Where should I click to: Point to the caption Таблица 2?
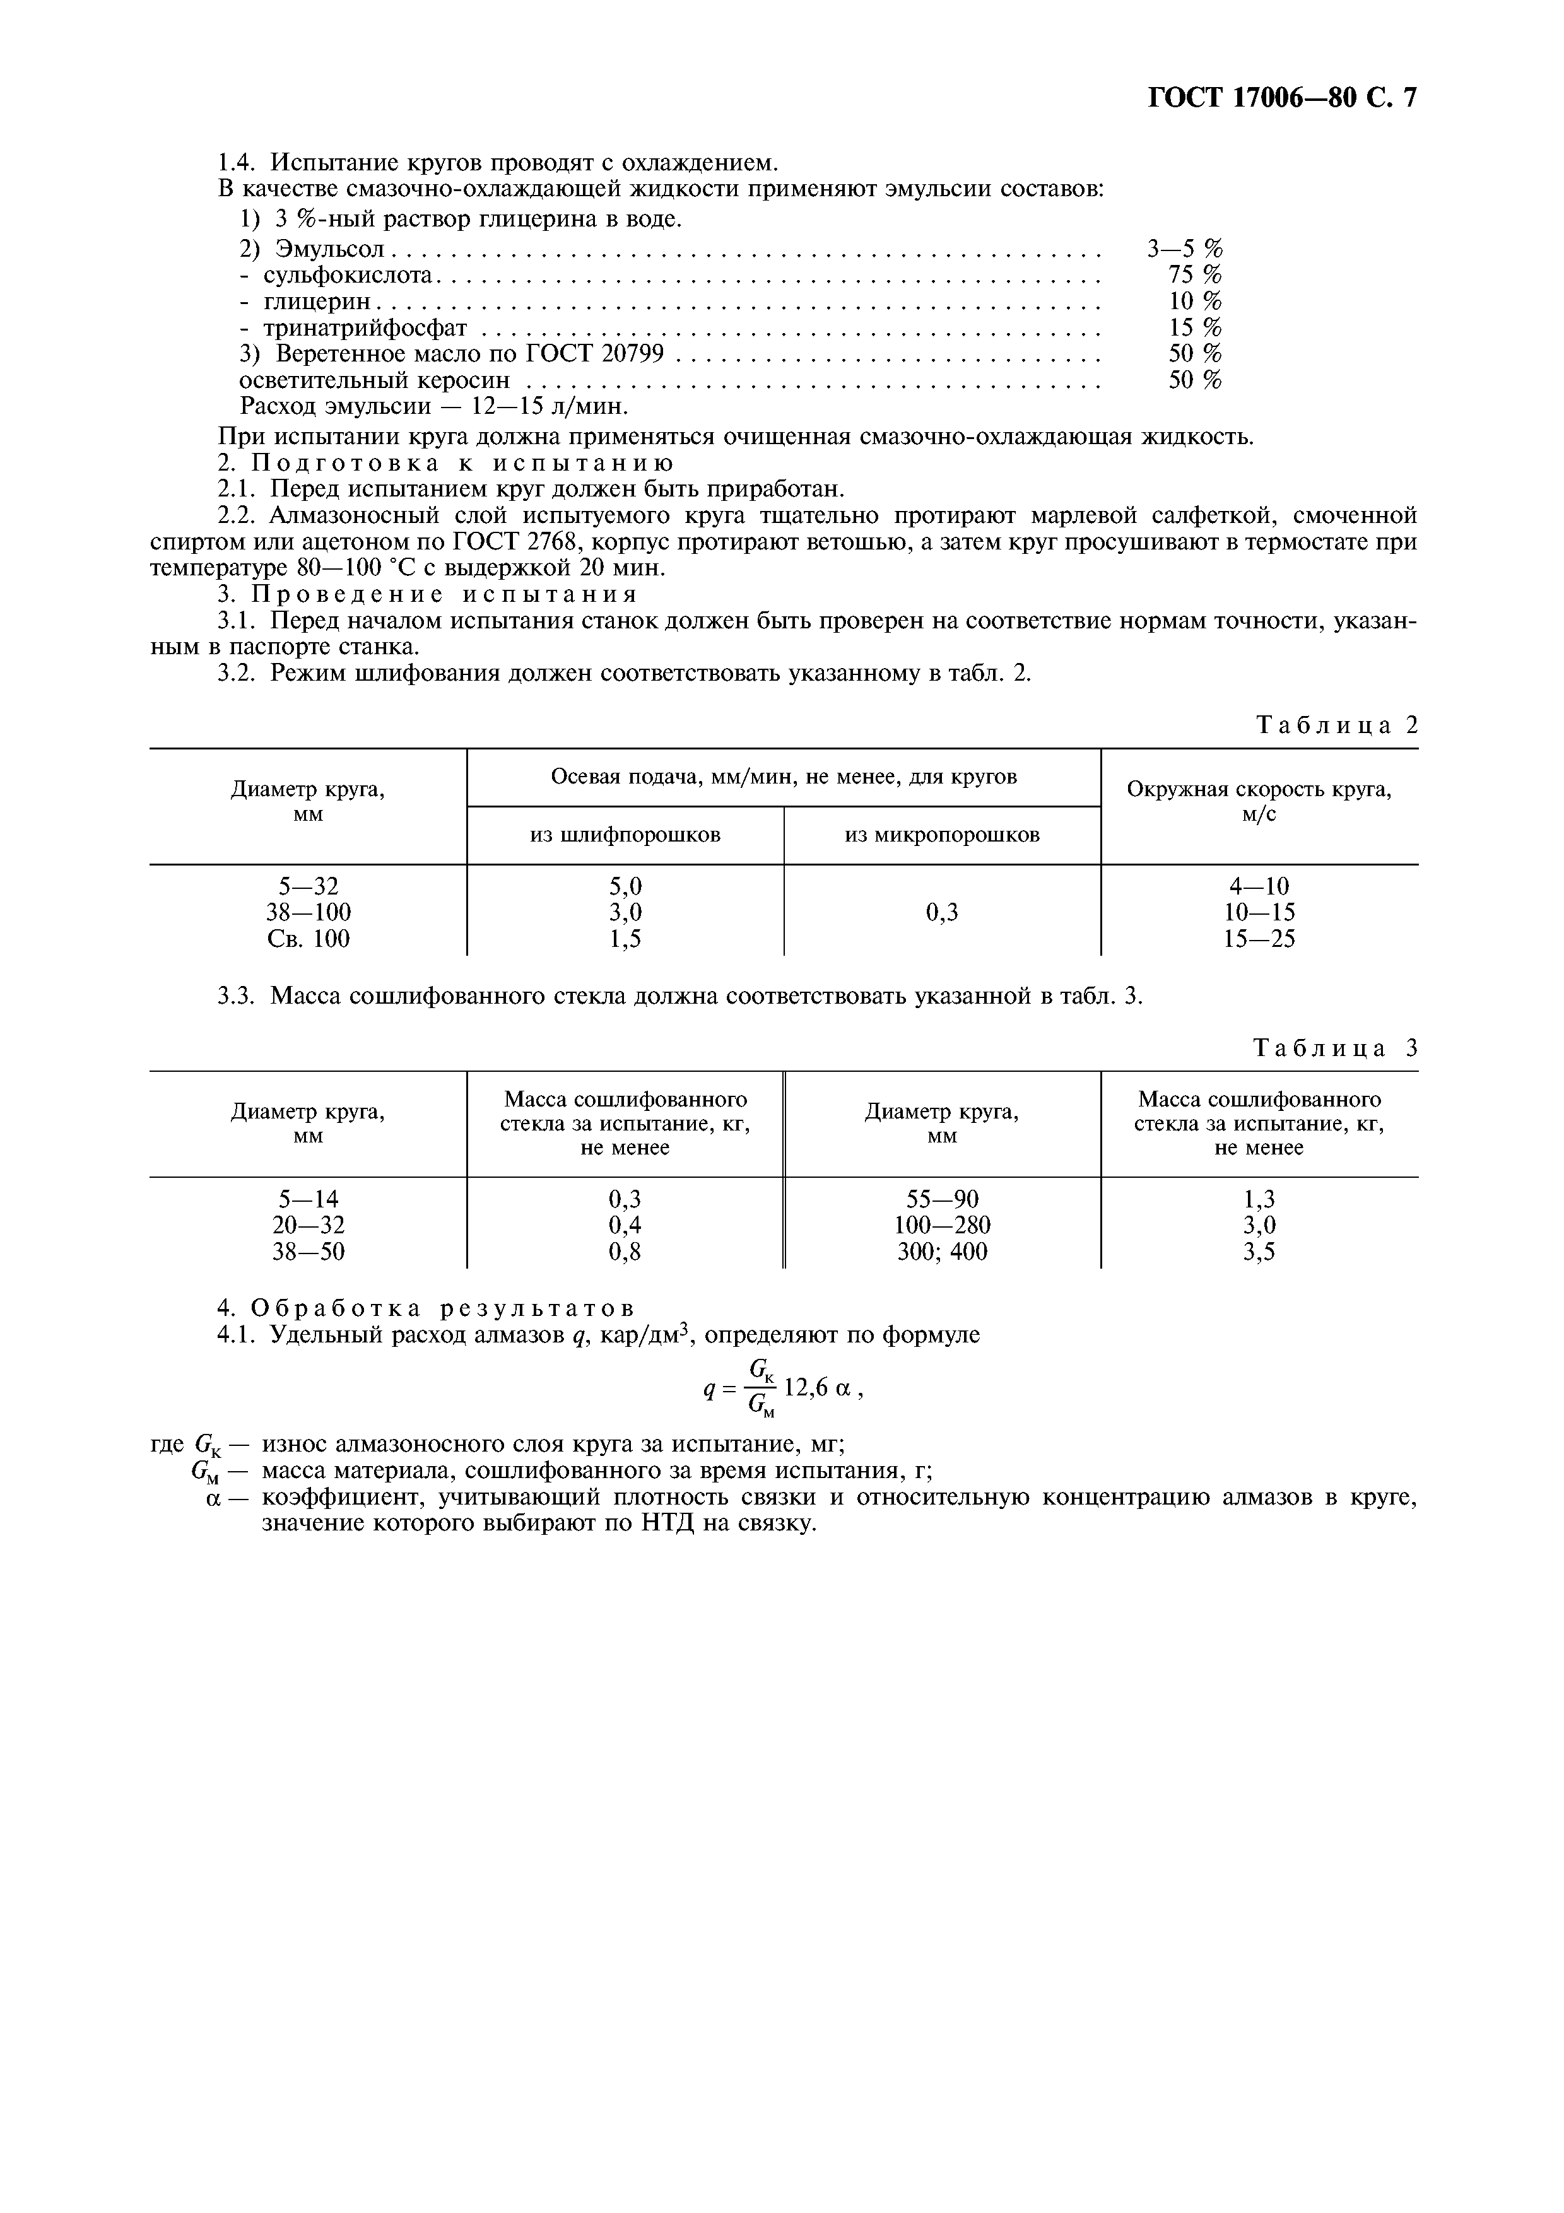tap(1338, 725)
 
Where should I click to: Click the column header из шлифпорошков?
tap(625, 835)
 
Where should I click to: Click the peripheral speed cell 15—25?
tap(1259, 938)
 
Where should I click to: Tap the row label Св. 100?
tap(309, 938)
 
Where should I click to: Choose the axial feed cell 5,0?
tap(625, 886)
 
